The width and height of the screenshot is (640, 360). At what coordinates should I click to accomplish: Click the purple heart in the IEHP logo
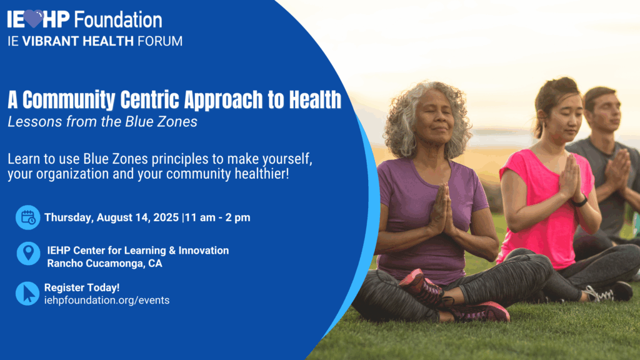click(x=34, y=18)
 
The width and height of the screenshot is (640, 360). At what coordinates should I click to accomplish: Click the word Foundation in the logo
click(x=118, y=20)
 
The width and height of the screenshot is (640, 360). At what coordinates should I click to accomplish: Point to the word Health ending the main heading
click(x=315, y=99)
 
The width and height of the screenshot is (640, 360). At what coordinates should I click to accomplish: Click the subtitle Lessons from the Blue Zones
click(x=102, y=122)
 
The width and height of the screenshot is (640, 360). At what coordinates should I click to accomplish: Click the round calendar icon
click(x=27, y=217)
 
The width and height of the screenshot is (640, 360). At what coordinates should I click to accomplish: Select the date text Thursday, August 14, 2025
click(x=111, y=217)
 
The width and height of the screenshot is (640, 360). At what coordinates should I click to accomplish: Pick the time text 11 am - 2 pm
click(x=217, y=217)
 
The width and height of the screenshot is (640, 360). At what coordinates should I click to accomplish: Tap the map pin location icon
click(x=28, y=253)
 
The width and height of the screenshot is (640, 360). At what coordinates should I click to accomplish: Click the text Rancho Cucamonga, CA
click(x=104, y=264)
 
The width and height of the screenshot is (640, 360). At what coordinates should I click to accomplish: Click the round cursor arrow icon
click(x=27, y=294)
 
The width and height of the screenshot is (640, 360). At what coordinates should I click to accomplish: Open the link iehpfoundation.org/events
click(x=106, y=301)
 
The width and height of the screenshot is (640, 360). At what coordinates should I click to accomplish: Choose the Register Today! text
click(x=82, y=287)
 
